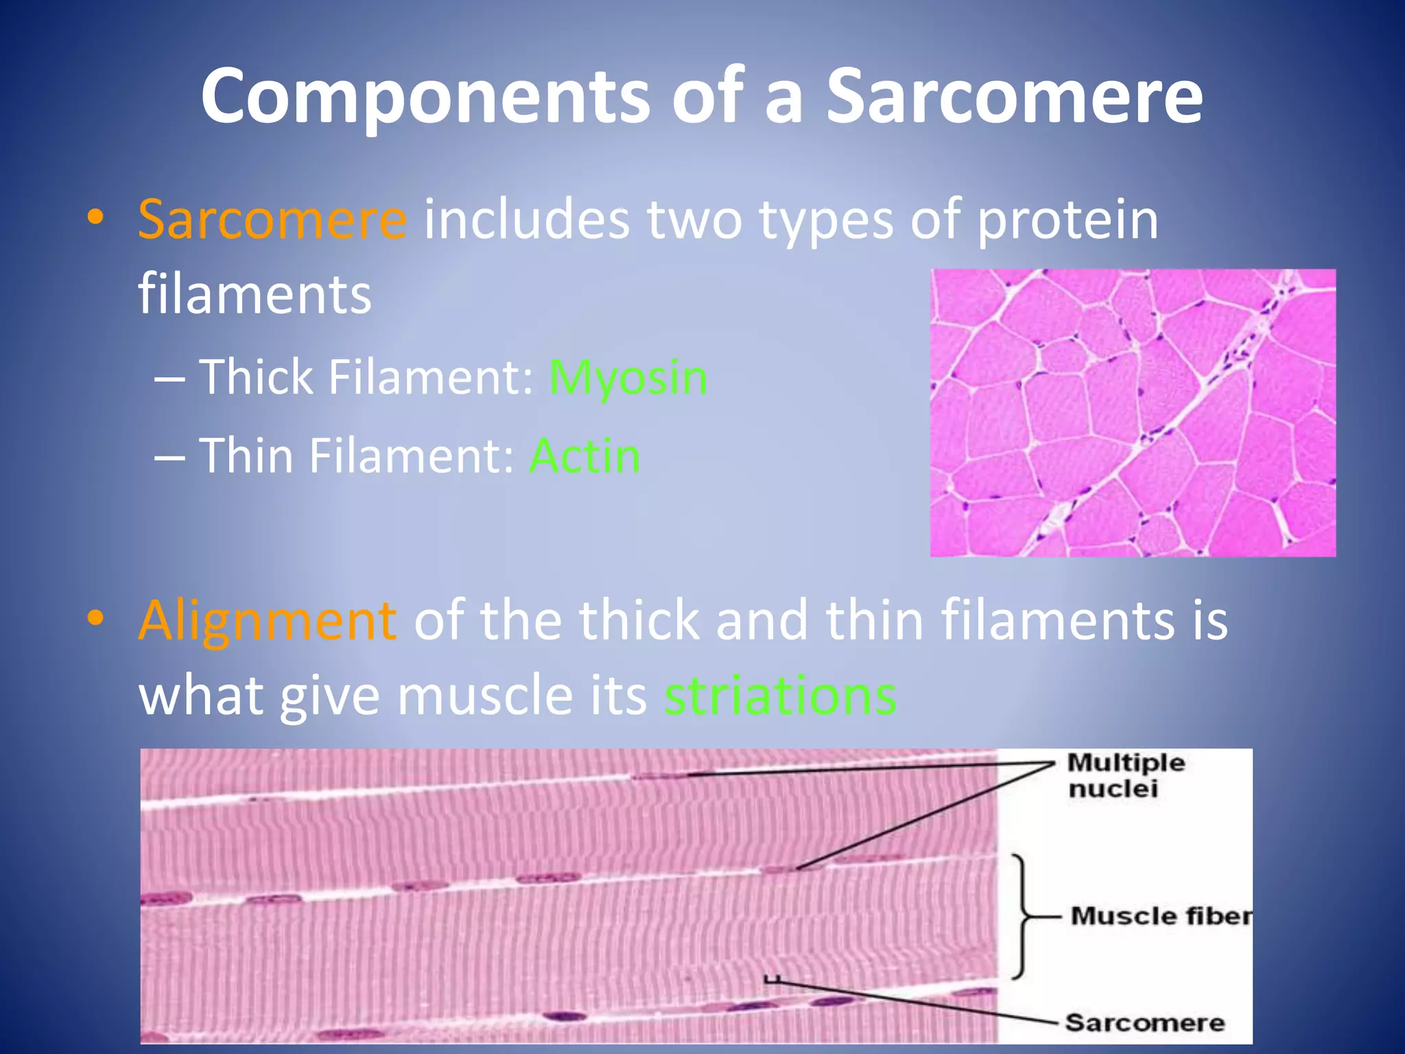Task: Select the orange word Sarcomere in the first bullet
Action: point(272,220)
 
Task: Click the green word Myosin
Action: point(628,377)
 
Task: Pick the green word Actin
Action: point(585,456)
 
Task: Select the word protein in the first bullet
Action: point(1067,220)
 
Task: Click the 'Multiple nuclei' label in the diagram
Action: point(1125,775)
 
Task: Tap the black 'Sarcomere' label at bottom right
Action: point(1144,1023)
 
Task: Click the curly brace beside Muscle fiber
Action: point(1022,916)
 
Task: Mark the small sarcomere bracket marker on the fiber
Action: point(772,979)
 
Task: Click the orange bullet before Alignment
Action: point(95,618)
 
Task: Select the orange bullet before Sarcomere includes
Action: point(95,218)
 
